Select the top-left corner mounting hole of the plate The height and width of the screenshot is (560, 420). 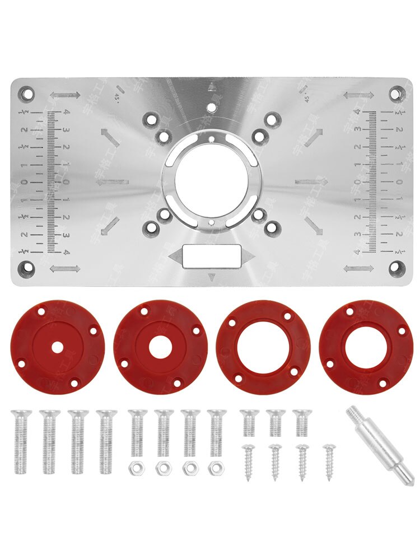point(25,91)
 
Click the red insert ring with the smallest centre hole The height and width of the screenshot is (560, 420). point(57,347)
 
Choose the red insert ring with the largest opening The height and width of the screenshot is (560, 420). point(263,347)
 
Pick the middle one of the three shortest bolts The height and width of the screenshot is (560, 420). point(275,423)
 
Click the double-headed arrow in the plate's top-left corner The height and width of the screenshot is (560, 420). point(65,95)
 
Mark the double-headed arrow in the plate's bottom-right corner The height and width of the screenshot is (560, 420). point(358,269)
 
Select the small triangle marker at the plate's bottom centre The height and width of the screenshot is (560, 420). point(212,277)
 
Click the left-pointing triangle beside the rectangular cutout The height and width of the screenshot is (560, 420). point(175,256)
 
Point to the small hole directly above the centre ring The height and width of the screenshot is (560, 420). point(211,105)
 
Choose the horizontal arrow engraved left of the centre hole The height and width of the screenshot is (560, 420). point(116,181)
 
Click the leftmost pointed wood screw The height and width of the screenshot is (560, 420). point(248,460)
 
